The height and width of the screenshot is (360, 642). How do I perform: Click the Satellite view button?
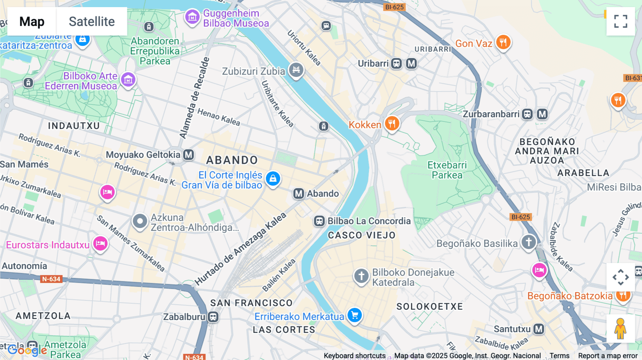pyautogui.click(x=92, y=21)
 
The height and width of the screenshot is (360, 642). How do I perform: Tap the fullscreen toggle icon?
pyautogui.click(x=621, y=21)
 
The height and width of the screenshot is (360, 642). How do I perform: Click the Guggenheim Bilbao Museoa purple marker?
pyautogui.click(x=192, y=17)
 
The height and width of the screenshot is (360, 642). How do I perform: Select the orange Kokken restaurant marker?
pyautogui.click(x=392, y=124)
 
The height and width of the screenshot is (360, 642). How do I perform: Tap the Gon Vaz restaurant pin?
pyautogui.click(x=503, y=42)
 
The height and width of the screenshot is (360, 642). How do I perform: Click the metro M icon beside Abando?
pyautogui.click(x=299, y=194)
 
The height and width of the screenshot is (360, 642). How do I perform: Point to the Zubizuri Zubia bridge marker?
pyautogui.click(x=296, y=70)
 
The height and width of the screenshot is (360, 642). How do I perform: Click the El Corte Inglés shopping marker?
pyautogui.click(x=273, y=179)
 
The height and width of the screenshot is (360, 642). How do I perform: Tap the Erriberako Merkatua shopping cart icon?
pyautogui.click(x=355, y=315)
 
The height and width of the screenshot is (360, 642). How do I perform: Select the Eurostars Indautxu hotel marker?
pyautogui.click(x=101, y=244)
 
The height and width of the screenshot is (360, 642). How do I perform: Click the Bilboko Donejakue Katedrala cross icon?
pyautogui.click(x=361, y=276)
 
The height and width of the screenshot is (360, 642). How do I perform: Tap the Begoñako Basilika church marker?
pyautogui.click(x=529, y=242)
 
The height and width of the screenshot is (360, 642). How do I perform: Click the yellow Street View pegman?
pyautogui.click(x=620, y=329)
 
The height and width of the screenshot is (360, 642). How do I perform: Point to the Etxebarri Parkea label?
pyautogui.click(x=447, y=170)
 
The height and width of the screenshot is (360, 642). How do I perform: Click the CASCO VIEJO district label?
pyautogui.click(x=362, y=235)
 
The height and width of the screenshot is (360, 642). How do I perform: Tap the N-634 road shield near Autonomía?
pyautogui.click(x=51, y=279)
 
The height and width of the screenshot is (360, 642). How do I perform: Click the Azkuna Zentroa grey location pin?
pyautogui.click(x=140, y=221)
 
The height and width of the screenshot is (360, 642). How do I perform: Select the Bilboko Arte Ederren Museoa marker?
pyautogui.click(x=128, y=80)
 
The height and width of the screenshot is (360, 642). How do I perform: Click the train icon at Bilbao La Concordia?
pyautogui.click(x=319, y=221)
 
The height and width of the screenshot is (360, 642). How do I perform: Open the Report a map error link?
pyautogui.click(x=608, y=356)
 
